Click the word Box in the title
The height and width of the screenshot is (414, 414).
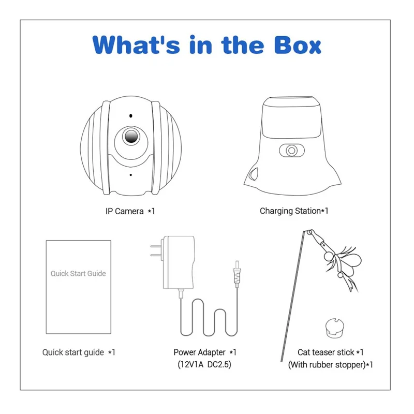[298, 45]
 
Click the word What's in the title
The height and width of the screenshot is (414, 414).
[136, 45]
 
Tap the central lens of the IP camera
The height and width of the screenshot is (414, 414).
[131, 136]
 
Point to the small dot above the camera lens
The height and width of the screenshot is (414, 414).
[131, 115]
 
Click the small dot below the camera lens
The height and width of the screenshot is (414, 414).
[131, 175]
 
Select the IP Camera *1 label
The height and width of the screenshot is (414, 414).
[130, 211]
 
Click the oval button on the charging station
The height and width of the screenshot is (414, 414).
[292, 151]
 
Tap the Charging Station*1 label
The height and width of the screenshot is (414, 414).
[294, 211]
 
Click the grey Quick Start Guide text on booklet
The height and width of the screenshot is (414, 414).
[78, 274]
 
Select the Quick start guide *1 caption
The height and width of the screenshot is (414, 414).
[79, 352]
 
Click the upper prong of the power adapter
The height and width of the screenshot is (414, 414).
[156, 246]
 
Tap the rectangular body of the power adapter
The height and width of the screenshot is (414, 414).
[179, 262]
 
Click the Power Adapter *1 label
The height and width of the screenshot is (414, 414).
[205, 352]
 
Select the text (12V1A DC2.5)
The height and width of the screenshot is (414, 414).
[204, 365]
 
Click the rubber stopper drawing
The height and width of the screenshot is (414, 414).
[334, 328]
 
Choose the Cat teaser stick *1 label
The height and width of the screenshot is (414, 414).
[331, 352]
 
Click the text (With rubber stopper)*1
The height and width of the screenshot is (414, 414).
[331, 365]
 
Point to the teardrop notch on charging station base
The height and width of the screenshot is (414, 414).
[254, 174]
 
